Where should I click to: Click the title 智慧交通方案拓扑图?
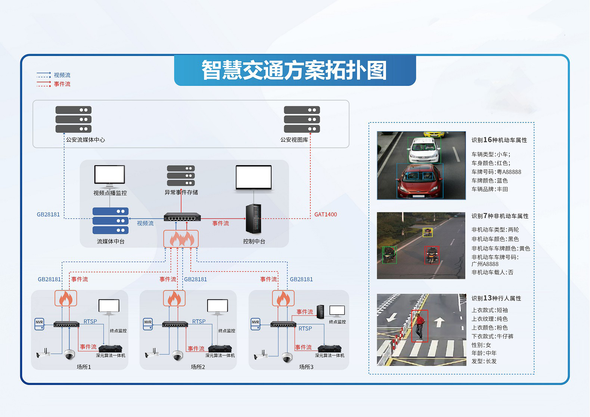click(x=294, y=70)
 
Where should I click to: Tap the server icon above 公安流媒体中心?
click(x=74, y=119)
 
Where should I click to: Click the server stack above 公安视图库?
click(x=302, y=119)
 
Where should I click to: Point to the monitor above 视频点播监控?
click(x=109, y=175)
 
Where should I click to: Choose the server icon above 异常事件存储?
click(x=181, y=175)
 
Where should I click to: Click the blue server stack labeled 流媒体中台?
click(x=111, y=221)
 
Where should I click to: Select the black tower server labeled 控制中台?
click(x=253, y=219)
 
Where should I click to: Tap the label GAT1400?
click(x=325, y=214)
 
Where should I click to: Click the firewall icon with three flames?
click(x=181, y=239)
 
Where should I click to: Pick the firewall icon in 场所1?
click(x=66, y=298)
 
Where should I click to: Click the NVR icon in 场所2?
click(x=148, y=324)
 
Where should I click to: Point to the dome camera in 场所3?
click(x=287, y=357)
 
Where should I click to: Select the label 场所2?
click(x=198, y=367)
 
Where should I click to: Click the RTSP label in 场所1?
click(x=90, y=321)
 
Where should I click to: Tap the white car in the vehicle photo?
click(x=424, y=150)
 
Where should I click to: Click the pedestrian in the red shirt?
click(x=420, y=326)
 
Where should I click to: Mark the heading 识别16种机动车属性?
click(x=499, y=140)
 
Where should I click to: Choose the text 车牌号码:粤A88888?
click(x=496, y=172)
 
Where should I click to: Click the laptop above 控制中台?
click(x=254, y=178)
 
